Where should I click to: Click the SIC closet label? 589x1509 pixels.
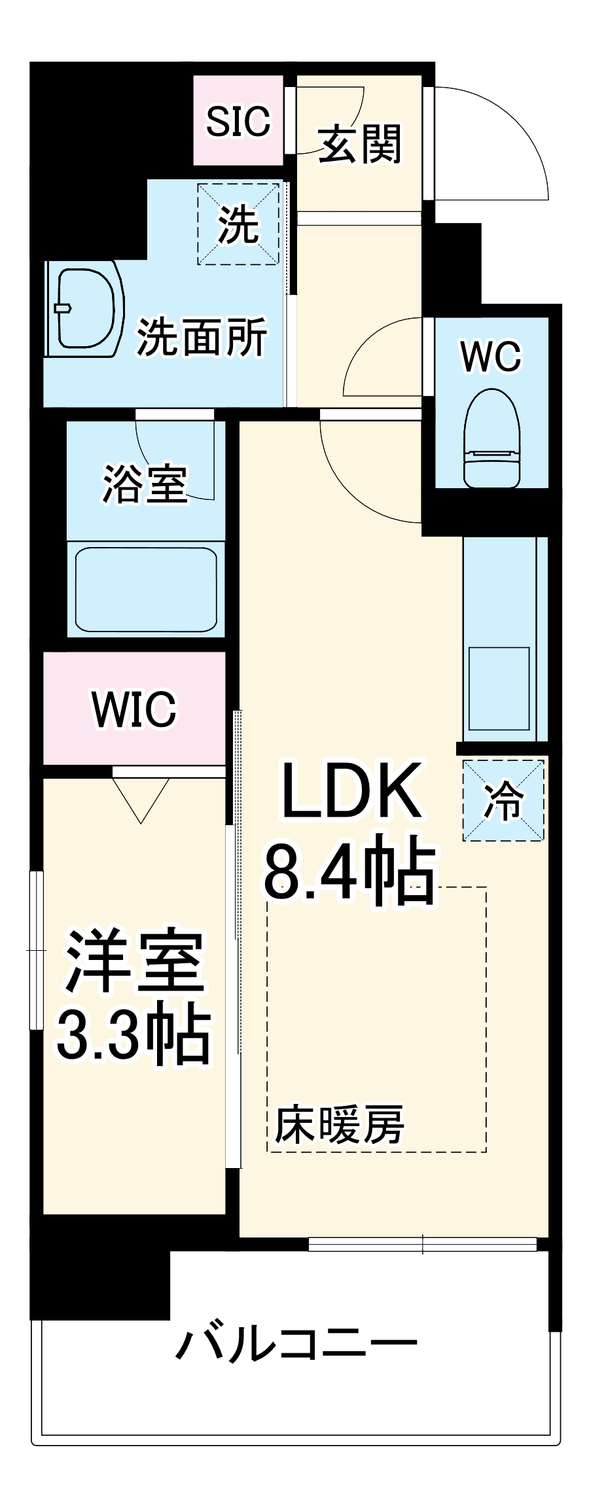pyautogui.click(x=238, y=121)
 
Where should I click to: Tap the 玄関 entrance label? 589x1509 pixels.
pyautogui.click(x=359, y=144)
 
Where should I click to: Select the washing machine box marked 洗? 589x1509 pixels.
pyautogui.click(x=238, y=224)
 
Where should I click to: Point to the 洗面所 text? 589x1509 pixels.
pyautogui.click(x=202, y=338)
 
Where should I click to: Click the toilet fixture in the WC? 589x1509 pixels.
pyautogui.click(x=491, y=438)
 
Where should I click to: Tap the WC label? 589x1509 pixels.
pyautogui.click(x=491, y=357)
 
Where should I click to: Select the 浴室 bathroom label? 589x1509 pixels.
pyautogui.click(x=145, y=484)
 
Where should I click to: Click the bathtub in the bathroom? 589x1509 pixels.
pyautogui.click(x=146, y=589)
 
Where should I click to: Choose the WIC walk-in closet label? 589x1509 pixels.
pyautogui.click(x=134, y=709)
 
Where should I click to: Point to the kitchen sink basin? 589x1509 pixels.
pyautogui.click(x=499, y=688)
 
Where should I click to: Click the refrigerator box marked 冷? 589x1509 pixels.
pyautogui.click(x=503, y=800)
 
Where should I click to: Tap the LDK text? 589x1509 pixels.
pyautogui.click(x=351, y=792)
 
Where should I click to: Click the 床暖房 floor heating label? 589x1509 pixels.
pyautogui.click(x=338, y=1125)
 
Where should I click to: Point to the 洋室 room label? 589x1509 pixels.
pyautogui.click(x=134, y=960)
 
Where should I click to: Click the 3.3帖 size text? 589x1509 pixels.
pyautogui.click(x=134, y=1035)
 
